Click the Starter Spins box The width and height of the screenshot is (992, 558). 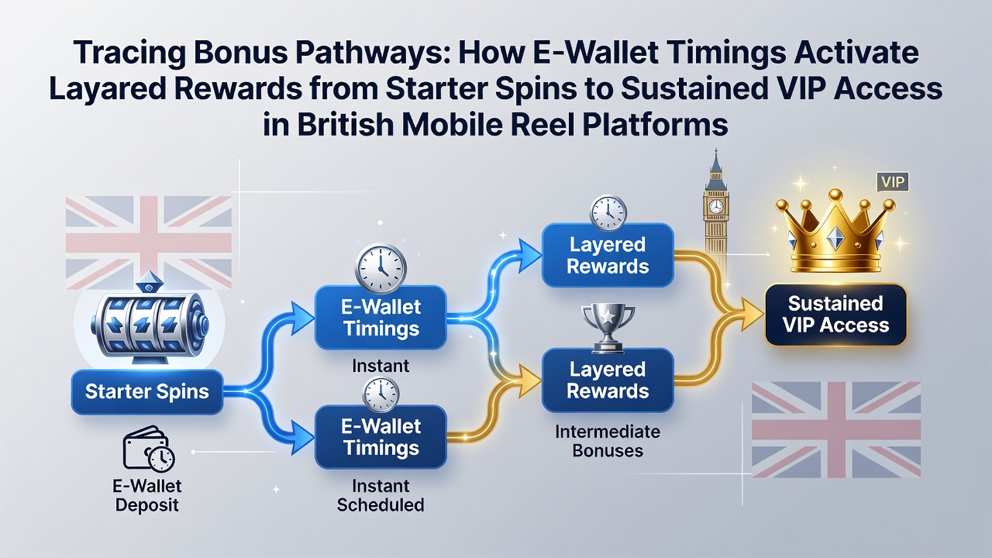[147, 392]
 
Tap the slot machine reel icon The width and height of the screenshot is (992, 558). [150, 322]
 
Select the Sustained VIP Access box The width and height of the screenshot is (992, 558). [835, 315]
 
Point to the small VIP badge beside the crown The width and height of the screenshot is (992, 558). [893, 182]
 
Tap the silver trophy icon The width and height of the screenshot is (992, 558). [608, 328]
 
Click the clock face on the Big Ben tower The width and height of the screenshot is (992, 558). [715, 206]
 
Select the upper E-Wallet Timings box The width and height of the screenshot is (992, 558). [381, 318]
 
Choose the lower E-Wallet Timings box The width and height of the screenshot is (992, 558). [381, 437]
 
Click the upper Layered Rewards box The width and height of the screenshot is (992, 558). [608, 255]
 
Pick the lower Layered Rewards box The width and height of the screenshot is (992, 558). [608, 380]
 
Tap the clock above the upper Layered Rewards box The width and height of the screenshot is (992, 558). [608, 212]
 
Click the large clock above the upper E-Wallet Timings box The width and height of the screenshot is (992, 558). [381, 268]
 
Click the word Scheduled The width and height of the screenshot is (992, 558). [381, 505]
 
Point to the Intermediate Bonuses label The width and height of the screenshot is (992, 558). [608, 441]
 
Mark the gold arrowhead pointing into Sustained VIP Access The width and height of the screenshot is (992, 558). [752, 315]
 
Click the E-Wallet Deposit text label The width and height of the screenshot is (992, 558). [147, 495]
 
